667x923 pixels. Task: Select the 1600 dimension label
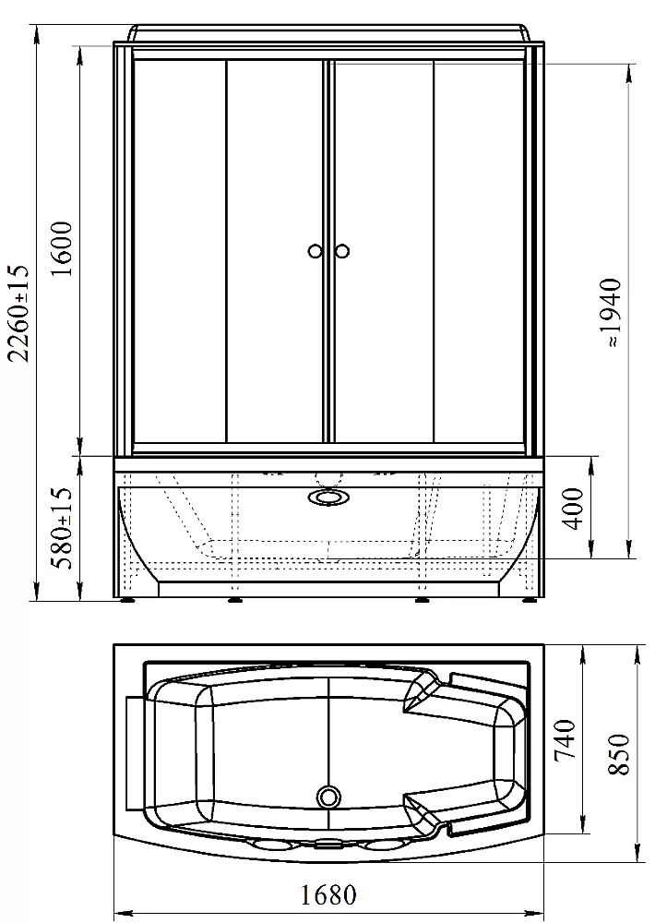[x=62, y=249]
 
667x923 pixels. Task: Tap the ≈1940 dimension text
[x=611, y=313]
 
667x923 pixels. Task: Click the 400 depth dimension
[x=576, y=509]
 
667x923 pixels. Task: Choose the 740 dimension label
[x=564, y=740]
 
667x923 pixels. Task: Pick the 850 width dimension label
[x=619, y=754]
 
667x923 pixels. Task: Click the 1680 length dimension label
[x=328, y=895]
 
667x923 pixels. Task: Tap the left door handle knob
[x=316, y=251]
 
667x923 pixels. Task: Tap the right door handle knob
[x=342, y=251]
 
